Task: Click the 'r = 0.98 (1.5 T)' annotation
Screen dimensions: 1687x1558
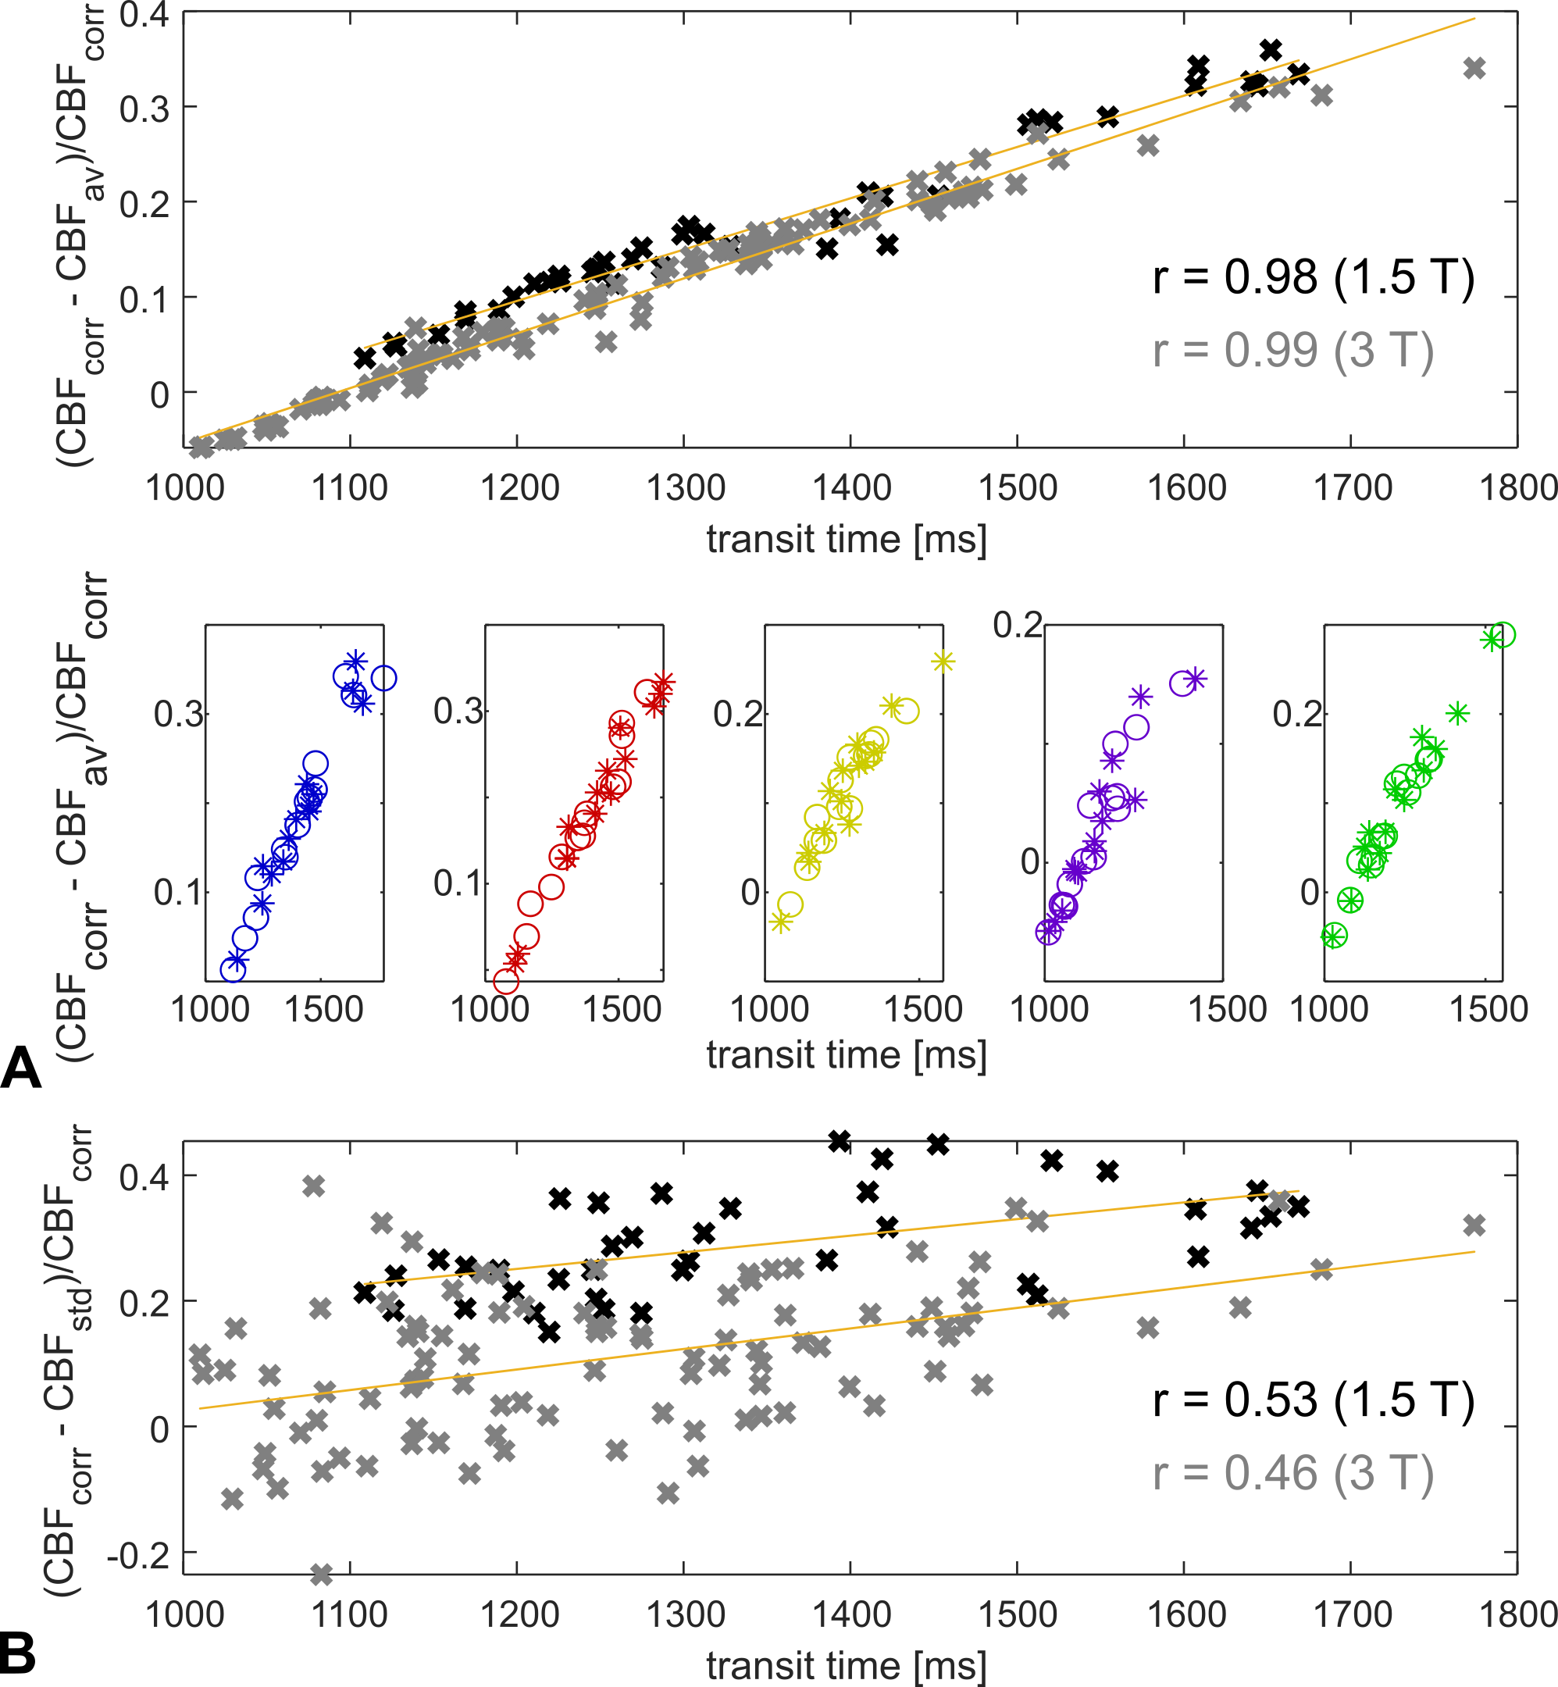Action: pos(1313,277)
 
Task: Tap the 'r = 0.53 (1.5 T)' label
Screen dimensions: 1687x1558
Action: pos(1313,1400)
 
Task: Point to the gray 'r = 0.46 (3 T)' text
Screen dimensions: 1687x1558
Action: pos(1292,1473)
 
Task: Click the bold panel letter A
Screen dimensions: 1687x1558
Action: pos(21,1069)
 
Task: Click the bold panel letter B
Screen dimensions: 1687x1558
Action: pos(19,1653)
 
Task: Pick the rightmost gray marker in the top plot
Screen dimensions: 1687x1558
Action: pos(1474,68)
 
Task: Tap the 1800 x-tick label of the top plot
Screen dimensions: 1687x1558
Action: pos(1518,488)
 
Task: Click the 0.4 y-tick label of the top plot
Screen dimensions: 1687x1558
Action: pos(144,15)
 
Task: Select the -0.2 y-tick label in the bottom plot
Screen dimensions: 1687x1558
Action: pos(137,1556)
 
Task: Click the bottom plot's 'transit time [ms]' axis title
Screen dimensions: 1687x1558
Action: pos(846,1666)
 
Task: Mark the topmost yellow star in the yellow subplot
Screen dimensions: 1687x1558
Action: pos(943,662)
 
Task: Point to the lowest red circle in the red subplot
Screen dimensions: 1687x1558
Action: pos(506,981)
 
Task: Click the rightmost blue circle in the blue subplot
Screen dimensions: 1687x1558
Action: pos(383,678)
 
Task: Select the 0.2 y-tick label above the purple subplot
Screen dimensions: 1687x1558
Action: pos(1017,626)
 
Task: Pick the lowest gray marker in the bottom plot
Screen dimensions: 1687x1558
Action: pos(321,1573)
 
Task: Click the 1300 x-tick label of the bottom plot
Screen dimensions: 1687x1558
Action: pos(686,1614)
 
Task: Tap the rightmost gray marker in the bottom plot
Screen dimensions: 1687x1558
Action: pos(1474,1225)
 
